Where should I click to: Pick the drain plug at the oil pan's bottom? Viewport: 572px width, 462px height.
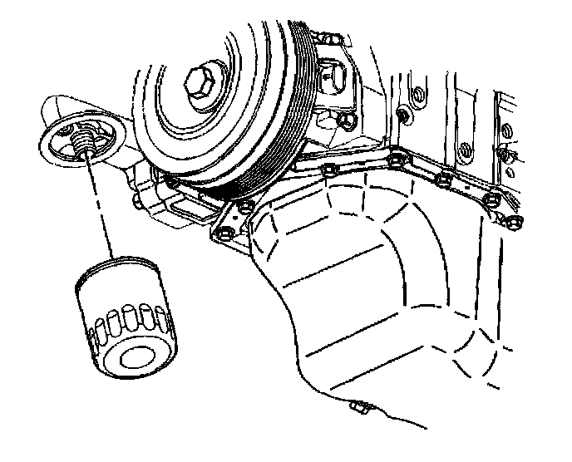click(x=360, y=408)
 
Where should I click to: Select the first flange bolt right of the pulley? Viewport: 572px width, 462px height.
click(x=328, y=172)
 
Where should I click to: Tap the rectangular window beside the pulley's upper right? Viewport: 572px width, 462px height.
click(x=333, y=79)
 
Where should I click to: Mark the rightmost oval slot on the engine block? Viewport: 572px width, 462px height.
click(x=504, y=153)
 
